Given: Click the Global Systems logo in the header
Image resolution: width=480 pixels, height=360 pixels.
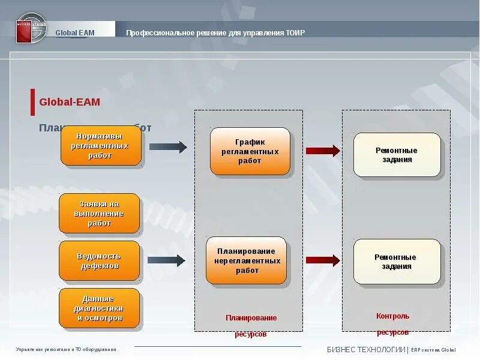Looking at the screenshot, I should click(x=31, y=28).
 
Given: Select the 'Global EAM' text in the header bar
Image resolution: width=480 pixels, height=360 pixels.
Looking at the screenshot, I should click(x=75, y=32).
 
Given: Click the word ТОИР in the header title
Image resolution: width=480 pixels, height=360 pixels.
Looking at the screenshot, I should click(x=295, y=32).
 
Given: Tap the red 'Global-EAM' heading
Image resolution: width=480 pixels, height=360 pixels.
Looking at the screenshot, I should click(x=70, y=102).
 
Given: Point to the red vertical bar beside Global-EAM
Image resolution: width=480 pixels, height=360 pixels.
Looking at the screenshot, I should click(x=32, y=102).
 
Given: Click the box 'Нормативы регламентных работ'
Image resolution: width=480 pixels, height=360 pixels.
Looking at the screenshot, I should click(x=101, y=146).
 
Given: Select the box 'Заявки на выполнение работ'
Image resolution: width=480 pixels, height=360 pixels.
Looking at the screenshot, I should click(x=99, y=214).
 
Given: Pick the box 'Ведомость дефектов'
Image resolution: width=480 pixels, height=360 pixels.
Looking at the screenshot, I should click(x=99, y=261).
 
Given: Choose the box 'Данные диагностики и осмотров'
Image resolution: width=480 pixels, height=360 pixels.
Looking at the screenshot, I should click(x=99, y=308).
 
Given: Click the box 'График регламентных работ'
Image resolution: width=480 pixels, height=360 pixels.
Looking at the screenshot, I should click(x=250, y=151).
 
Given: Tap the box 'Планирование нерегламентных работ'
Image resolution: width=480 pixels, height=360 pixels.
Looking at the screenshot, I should click(x=247, y=260).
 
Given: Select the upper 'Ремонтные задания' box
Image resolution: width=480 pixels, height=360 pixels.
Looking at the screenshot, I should click(x=397, y=155).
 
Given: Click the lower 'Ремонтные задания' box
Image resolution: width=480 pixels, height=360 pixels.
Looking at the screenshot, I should click(x=397, y=262).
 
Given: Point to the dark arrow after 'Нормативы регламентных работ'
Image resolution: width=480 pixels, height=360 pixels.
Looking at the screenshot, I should click(x=168, y=146).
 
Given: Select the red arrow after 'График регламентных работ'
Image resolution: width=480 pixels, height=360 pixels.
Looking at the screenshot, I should click(x=323, y=151).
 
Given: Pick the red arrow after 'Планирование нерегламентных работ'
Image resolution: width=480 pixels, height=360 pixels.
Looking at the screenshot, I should click(x=323, y=260).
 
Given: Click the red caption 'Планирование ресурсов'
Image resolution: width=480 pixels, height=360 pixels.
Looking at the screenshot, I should click(x=251, y=325).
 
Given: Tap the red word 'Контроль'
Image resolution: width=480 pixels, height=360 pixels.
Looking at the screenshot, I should click(x=392, y=316).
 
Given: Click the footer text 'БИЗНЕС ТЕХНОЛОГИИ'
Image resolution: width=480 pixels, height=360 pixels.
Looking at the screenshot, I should click(x=365, y=350).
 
